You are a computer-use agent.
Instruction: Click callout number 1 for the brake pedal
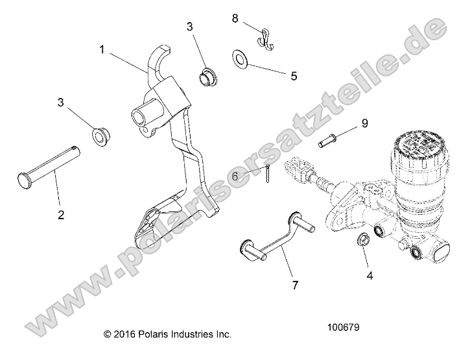tap(102, 49)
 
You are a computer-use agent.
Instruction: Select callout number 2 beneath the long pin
tap(61, 215)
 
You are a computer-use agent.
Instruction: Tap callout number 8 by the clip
tap(235, 18)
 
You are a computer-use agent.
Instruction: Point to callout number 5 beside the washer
tap(294, 76)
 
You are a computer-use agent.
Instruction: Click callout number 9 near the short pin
tap(364, 123)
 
